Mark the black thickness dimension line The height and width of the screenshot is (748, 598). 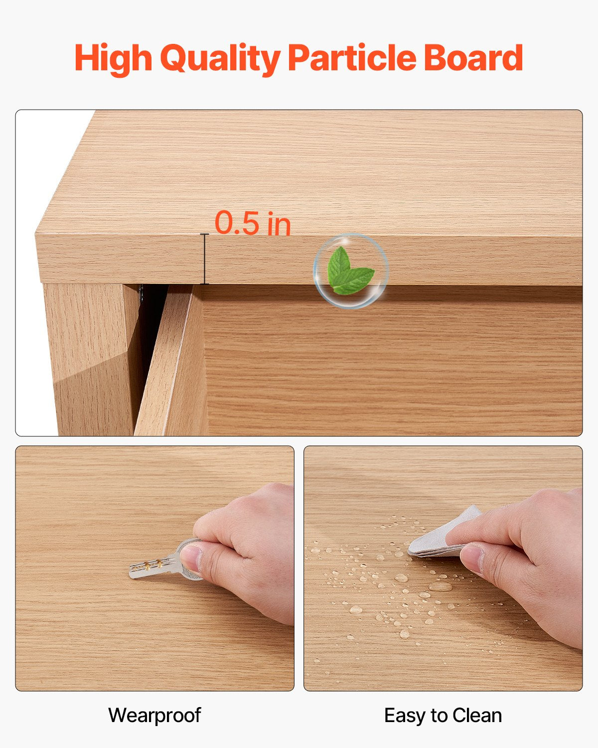(x=204, y=259)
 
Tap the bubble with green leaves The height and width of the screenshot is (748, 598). (x=351, y=271)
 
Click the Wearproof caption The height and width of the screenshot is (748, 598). (x=154, y=715)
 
